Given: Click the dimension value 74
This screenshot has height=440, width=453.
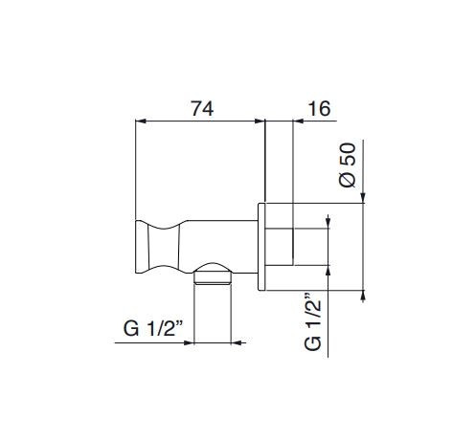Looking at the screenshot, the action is pos(202,109).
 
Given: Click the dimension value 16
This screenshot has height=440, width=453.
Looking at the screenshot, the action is pos(319,109).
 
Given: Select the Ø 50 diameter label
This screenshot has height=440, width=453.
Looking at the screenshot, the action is pos(348,165).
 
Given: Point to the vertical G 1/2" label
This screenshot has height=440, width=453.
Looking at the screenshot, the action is pos(312,321).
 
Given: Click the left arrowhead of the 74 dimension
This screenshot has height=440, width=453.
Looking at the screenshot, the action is pos(141,121).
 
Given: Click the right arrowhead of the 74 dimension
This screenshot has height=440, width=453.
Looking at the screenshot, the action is pos(260,121).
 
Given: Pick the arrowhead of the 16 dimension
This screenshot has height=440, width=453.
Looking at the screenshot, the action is pos(298,121).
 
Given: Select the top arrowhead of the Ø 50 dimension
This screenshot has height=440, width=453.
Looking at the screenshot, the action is pos(363,198).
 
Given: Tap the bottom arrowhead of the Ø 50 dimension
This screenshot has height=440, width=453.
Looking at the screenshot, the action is pos(363,296).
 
